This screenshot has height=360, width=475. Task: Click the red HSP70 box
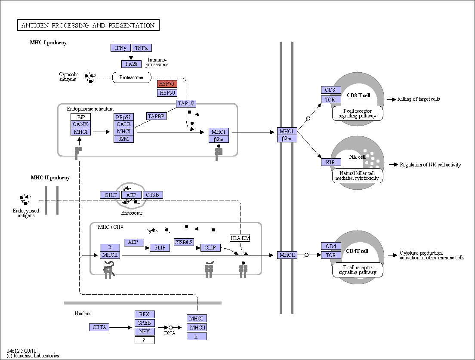[x=167, y=83]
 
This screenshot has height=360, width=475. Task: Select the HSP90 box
[x=167, y=92]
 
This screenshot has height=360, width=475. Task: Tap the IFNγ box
[x=120, y=48]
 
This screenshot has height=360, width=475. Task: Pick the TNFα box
[x=142, y=48]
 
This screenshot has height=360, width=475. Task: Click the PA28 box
[x=132, y=64]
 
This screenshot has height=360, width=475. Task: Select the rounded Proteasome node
[x=132, y=77]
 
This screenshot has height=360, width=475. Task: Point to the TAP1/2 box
[x=186, y=104]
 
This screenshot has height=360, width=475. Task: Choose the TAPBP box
[x=156, y=116]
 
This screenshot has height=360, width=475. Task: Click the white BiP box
[x=80, y=117]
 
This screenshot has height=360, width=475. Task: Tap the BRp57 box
[x=123, y=117]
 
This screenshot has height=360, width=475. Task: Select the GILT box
[x=110, y=195]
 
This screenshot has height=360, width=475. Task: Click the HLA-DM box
[x=240, y=238]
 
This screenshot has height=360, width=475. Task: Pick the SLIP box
[x=160, y=248]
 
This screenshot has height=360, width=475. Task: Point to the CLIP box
[x=210, y=248]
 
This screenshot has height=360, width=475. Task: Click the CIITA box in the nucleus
[x=99, y=327]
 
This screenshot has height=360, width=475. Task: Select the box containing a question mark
[x=145, y=340]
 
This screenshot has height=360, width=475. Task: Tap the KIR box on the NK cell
[x=331, y=162]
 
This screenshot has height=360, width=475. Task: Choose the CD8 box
[x=331, y=90]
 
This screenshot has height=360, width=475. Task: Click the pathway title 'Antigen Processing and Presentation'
[x=88, y=25]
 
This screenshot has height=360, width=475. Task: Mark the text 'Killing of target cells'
[x=418, y=99]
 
